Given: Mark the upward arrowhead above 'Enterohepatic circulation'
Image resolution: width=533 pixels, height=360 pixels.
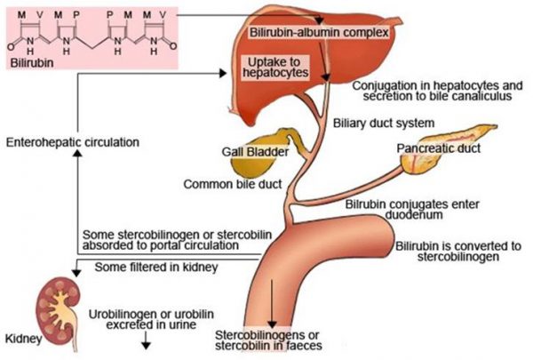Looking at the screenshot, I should click(x=78, y=154).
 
